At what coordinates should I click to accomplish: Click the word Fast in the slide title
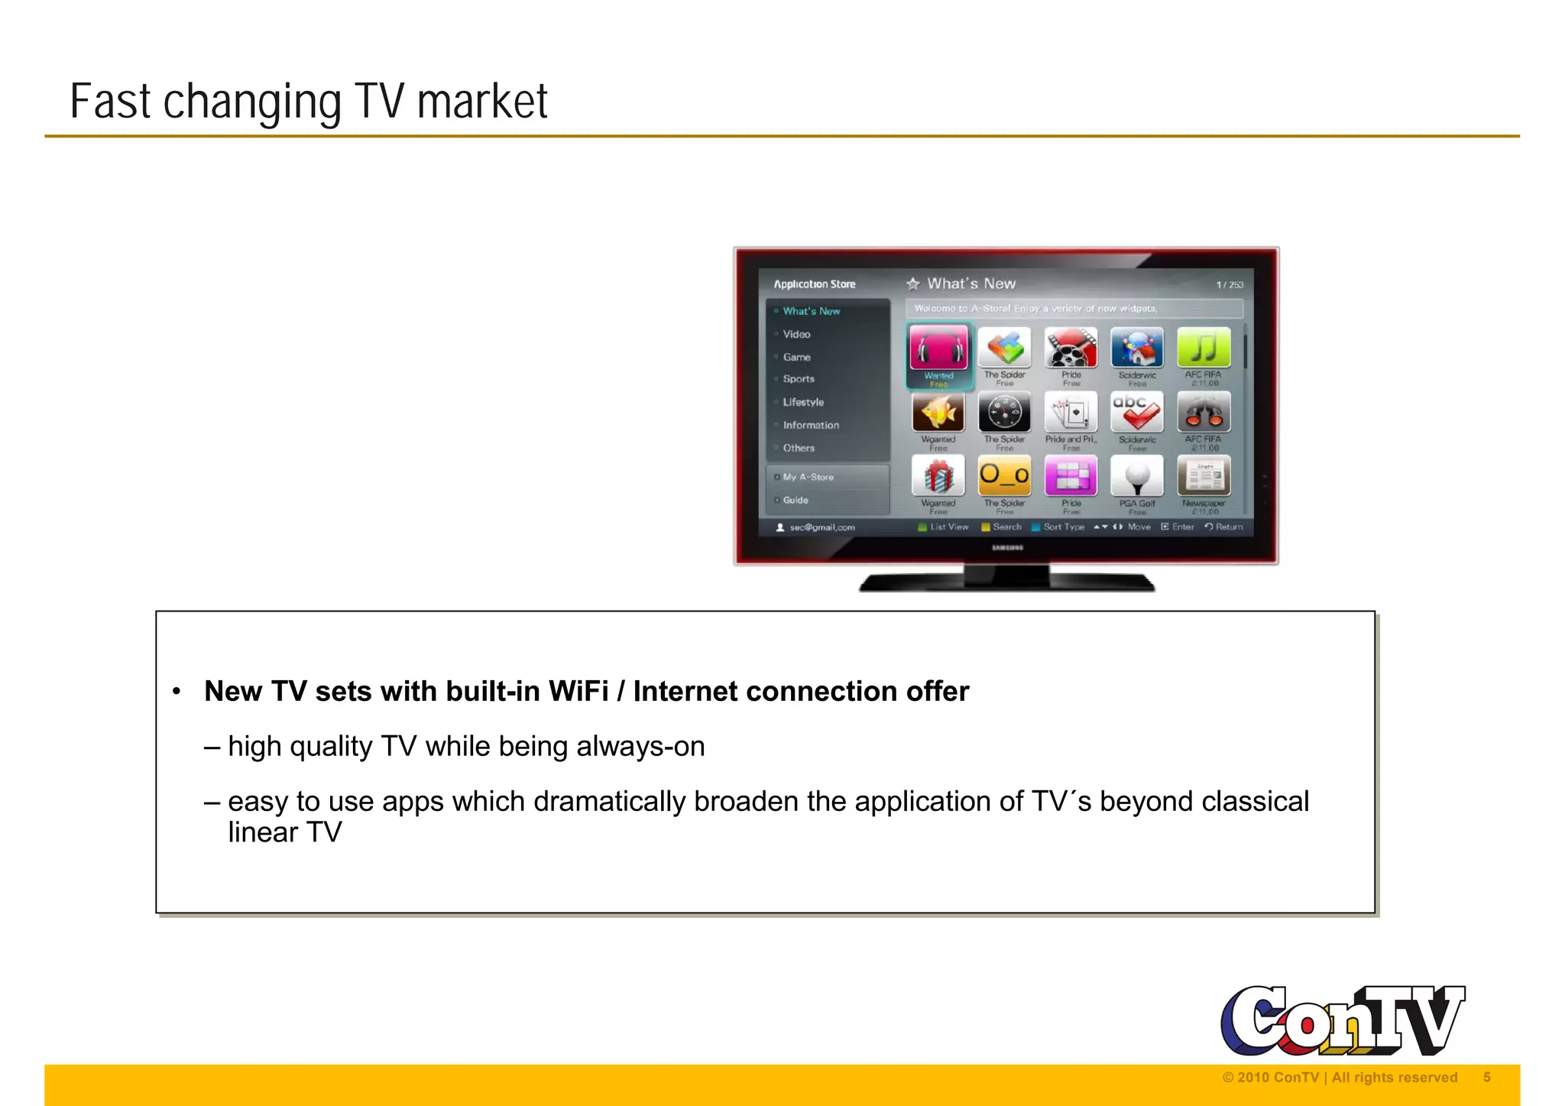click(x=109, y=102)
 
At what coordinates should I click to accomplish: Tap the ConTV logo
click(x=1342, y=1020)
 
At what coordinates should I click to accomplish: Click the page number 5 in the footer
click(x=1486, y=1077)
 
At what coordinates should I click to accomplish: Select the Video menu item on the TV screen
click(x=796, y=334)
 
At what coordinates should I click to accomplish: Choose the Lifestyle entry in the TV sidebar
click(x=803, y=402)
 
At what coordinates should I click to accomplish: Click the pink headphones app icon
click(x=938, y=349)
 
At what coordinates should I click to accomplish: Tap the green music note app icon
click(x=1204, y=348)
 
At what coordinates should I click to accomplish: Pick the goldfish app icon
click(x=938, y=413)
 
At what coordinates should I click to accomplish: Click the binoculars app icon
click(x=1204, y=413)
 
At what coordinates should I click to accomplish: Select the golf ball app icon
click(x=1137, y=476)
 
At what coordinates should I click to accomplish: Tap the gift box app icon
click(x=938, y=476)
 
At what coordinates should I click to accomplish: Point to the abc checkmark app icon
click(x=1137, y=413)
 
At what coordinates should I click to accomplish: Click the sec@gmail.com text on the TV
click(x=822, y=527)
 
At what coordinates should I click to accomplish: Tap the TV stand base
click(x=1006, y=582)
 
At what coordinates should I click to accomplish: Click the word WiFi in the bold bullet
click(x=578, y=691)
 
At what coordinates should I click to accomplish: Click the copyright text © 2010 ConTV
click(x=1270, y=1077)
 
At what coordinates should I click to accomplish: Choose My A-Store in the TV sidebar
click(x=808, y=477)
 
